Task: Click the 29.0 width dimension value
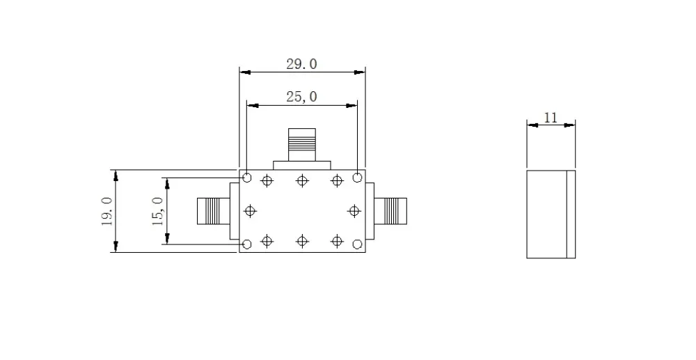[301, 64]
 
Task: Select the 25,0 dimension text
[301, 97]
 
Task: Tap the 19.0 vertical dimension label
[106, 210]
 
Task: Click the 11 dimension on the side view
[551, 118]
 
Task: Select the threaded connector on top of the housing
[301, 145]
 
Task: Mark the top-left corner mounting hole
[246, 178]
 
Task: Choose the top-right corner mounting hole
[357, 178]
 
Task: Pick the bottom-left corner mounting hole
[246, 244]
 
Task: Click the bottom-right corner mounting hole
[357, 244]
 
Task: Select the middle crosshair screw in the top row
[301, 181]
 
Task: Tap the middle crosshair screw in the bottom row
[301, 241]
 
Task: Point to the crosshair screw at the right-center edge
[354, 210]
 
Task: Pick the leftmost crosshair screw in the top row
[267, 181]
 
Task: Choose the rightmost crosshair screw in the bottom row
[337, 241]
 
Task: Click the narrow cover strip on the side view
[571, 214]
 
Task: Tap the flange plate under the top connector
[301, 165]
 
